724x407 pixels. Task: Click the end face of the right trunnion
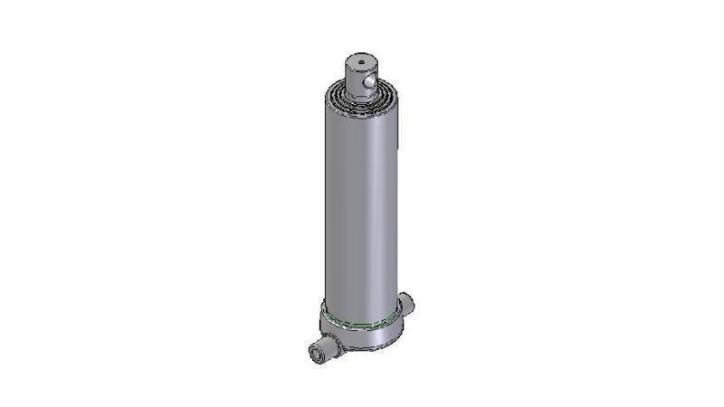(x=412, y=300)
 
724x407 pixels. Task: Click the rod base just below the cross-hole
(x=362, y=90)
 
